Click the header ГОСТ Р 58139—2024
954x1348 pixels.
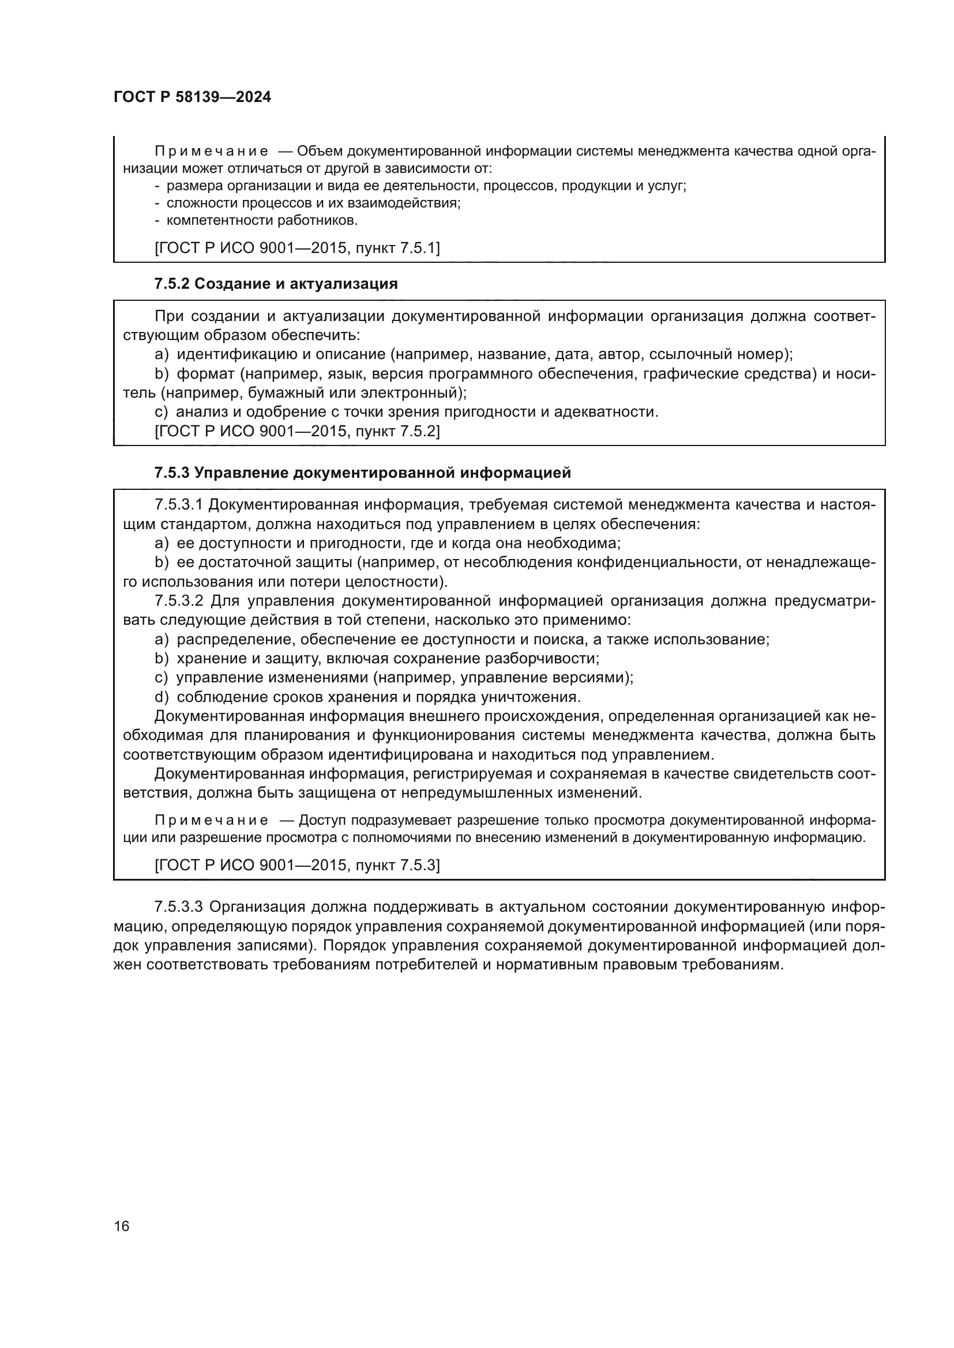tap(192, 97)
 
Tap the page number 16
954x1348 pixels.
tap(122, 1226)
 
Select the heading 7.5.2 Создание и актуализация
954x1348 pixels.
tap(276, 284)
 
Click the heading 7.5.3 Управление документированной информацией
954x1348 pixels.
tap(362, 473)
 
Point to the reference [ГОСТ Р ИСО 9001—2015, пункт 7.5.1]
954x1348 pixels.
tap(296, 248)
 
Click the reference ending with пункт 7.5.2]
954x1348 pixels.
tap(296, 432)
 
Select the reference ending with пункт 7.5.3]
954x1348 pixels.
tap(296, 866)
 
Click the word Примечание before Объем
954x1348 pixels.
tap(212, 152)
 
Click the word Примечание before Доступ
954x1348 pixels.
tap(212, 820)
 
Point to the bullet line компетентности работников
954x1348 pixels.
tap(261, 221)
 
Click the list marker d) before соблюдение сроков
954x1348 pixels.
tap(161, 697)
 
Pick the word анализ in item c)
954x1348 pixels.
tap(201, 412)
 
